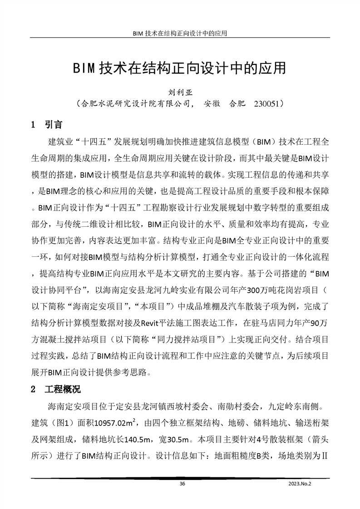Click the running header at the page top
(x=180, y=33)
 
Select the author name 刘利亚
(x=180, y=93)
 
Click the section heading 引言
(x=54, y=124)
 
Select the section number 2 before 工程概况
(x=33, y=390)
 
